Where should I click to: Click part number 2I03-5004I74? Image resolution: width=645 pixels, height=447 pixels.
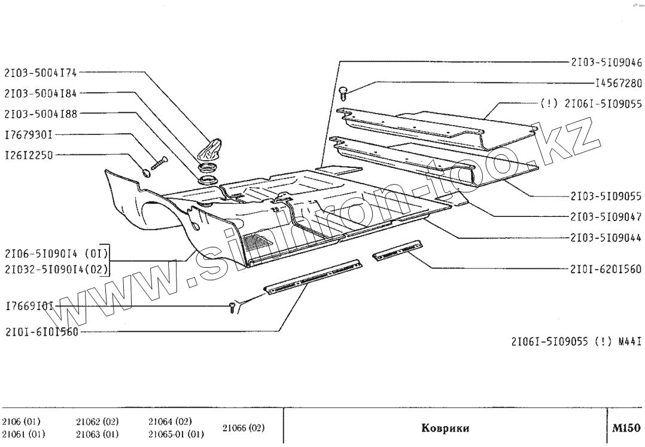coord(41,73)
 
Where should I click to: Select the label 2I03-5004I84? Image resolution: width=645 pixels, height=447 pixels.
coord(41,93)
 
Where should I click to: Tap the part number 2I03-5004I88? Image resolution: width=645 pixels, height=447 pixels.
coord(41,113)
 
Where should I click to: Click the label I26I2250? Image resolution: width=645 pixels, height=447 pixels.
coord(29,155)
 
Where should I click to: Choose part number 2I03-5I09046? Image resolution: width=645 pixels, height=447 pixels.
coord(606,62)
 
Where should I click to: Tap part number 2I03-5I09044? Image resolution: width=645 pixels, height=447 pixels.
coord(606,238)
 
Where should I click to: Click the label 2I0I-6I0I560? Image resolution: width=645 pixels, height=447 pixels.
coord(41,332)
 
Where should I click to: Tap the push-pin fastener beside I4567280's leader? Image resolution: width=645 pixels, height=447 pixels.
coord(343,92)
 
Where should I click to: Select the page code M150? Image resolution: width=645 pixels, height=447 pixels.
coord(626,428)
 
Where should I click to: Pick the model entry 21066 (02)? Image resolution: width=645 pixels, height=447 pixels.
coord(243,428)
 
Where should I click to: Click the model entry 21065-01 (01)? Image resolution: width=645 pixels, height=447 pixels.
coord(177,434)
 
